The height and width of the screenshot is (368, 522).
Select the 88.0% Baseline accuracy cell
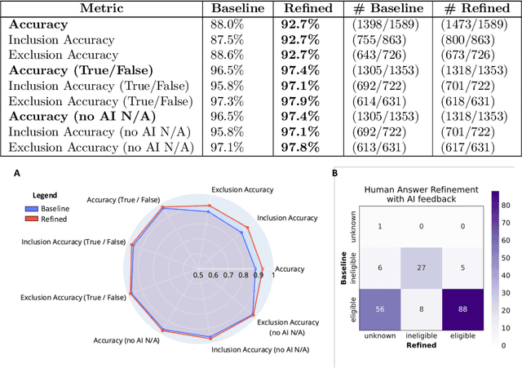[227, 24]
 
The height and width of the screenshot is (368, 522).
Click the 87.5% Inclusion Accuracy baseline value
[227, 39]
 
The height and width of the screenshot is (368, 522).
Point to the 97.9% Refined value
[301, 100]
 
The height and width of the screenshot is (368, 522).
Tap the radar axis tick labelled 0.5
[198, 275]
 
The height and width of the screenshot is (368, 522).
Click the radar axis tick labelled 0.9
[258, 275]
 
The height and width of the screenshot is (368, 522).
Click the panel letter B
[334, 172]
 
